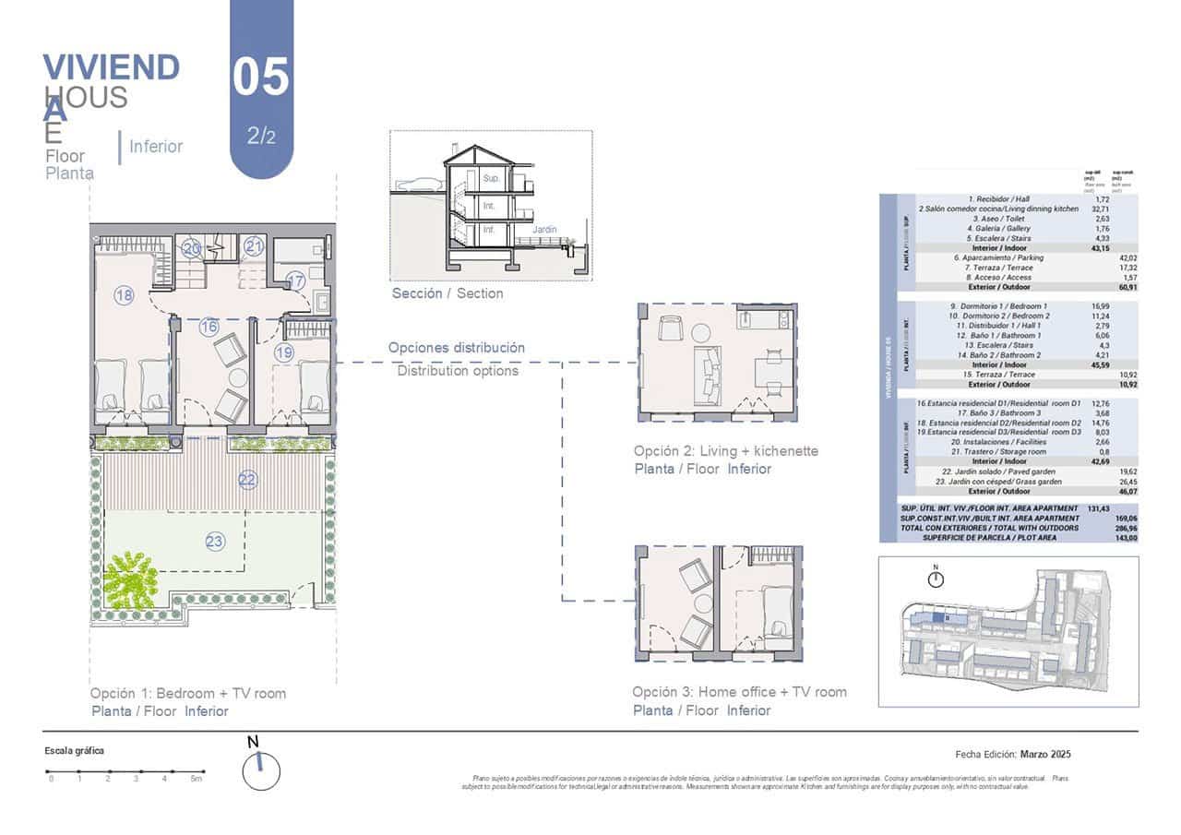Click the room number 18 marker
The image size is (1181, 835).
pos(125,295)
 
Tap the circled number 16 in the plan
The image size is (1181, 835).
pos(209,326)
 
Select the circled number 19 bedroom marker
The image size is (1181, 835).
pos(283,352)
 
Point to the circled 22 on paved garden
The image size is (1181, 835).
pos(247,479)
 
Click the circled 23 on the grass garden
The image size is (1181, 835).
pos(215,542)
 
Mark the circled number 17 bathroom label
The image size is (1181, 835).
pos(295,280)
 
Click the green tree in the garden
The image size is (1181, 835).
pos(131,582)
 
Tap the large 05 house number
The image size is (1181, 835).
pos(261,78)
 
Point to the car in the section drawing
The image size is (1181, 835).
pos(420,184)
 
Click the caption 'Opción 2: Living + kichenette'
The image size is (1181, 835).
pos(725,451)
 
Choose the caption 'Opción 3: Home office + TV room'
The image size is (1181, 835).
pos(739,692)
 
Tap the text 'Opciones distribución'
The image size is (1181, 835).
pos(457,348)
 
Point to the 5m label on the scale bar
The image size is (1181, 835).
pos(197,780)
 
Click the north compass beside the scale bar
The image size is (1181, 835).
pos(260,769)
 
